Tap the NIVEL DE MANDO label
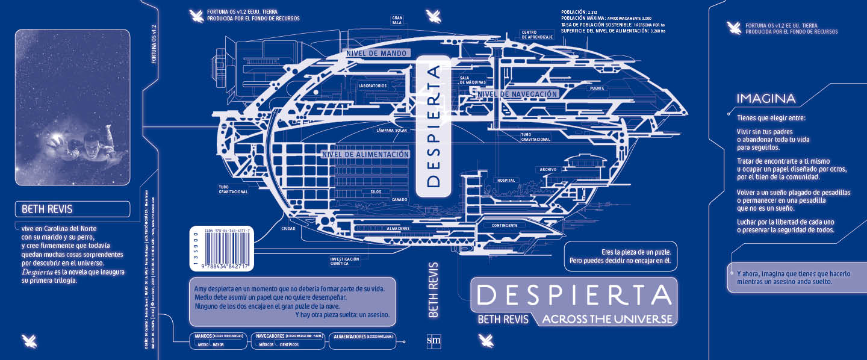(x=378, y=53)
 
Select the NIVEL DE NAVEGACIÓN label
(x=518, y=94)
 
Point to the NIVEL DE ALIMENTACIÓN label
(x=366, y=154)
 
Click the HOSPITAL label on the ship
(x=506, y=180)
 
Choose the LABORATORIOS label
(x=372, y=86)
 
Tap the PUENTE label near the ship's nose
(x=597, y=88)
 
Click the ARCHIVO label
(x=548, y=169)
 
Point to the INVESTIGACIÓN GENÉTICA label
(x=344, y=261)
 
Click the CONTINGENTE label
(x=505, y=226)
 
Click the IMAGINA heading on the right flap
(x=766, y=99)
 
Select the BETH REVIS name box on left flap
(x=72, y=209)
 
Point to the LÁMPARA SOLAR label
(x=391, y=129)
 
